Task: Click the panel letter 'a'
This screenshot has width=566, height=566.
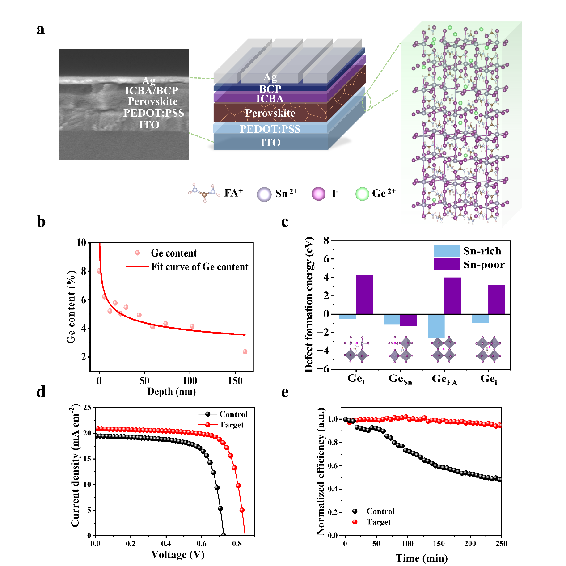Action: click(x=41, y=30)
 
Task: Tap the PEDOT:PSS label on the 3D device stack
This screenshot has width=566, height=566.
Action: click(x=270, y=129)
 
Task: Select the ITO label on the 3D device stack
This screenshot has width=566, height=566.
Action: click(x=270, y=143)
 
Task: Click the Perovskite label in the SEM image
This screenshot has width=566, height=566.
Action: click(x=152, y=101)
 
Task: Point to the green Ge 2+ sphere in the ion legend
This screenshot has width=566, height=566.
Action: click(x=362, y=194)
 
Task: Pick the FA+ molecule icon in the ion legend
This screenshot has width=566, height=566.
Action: click(x=204, y=193)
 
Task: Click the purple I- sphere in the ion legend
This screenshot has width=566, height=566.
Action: click(x=318, y=194)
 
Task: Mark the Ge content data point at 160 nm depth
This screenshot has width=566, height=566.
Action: click(x=245, y=351)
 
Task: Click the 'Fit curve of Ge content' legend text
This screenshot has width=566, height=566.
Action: click(x=199, y=267)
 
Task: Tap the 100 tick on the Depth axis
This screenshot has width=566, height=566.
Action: click(x=190, y=380)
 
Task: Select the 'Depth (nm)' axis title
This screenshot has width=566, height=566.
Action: click(x=172, y=392)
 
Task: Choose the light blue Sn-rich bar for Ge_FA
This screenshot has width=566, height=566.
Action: click(x=436, y=326)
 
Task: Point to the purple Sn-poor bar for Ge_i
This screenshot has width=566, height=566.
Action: click(x=497, y=299)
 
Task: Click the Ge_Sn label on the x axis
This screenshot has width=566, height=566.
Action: click(x=400, y=379)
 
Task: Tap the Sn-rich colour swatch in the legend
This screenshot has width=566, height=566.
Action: click(x=447, y=251)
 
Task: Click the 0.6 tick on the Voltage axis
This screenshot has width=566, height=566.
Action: click(x=202, y=544)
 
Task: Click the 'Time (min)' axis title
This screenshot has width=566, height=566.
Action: click(x=422, y=558)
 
